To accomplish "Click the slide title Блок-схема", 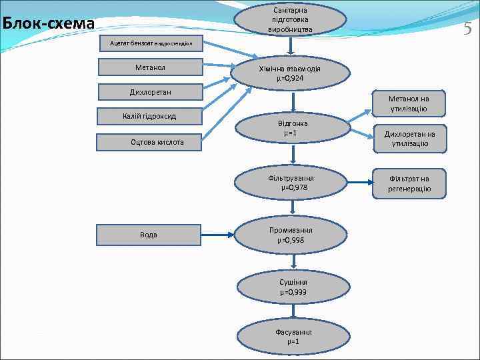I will pos(48,24).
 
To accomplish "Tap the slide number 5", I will pos(467,28).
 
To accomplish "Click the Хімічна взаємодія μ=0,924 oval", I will pos(290,73).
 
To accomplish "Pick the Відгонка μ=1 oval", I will pos(291,129).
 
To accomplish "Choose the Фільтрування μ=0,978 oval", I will pos(291,183).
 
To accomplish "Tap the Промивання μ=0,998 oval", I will pos(291,235).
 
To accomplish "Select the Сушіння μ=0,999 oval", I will pos(291,287).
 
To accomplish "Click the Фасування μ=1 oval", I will pos(291,337).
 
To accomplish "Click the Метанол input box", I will pos(150,67).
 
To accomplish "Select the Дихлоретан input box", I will pos(151,91).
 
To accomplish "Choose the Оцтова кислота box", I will pos(149,142).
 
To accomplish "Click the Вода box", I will pos(149,235).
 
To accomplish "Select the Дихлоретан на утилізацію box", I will pos(409,139).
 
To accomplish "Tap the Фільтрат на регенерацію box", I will pos(409,183).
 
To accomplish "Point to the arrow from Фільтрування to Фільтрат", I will pos(359,181).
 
